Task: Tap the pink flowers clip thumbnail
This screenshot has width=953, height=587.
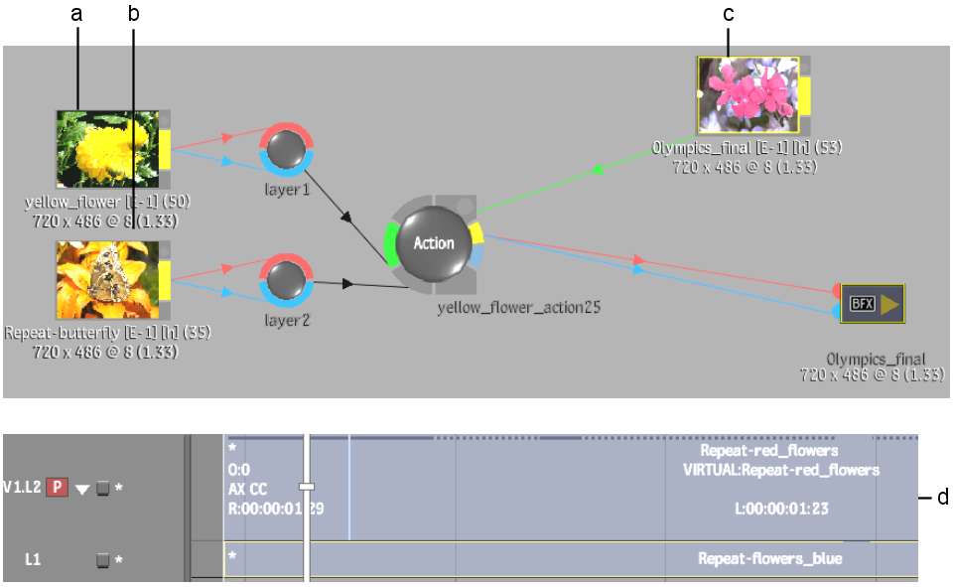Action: tap(748, 94)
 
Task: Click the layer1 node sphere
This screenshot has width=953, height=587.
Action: tap(287, 150)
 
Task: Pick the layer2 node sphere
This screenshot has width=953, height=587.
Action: tap(287, 281)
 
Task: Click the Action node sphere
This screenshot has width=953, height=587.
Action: tap(433, 243)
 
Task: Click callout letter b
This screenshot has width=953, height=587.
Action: tap(134, 14)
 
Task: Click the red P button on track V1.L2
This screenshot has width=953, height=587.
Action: tap(59, 488)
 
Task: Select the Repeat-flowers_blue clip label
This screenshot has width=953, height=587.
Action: tap(769, 559)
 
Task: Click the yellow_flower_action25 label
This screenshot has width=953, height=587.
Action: tap(519, 308)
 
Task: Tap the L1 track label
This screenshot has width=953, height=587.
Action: tap(33, 560)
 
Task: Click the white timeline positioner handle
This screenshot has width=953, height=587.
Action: tap(307, 487)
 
